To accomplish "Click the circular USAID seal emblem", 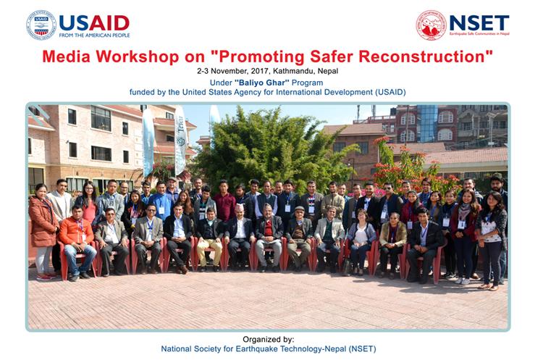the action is (41, 25).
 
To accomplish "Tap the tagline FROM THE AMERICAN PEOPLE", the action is (95, 35).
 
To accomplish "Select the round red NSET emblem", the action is (431, 25).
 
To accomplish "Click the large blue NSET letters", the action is (479, 22).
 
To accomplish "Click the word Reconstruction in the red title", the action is (423, 56).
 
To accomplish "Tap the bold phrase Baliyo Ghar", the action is (262, 83).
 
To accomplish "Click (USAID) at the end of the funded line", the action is (390, 93).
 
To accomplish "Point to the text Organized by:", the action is (269, 340).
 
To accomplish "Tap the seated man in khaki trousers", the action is (209, 239).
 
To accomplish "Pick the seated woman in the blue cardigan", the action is (361, 241).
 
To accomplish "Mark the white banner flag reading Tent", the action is (180, 140).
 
